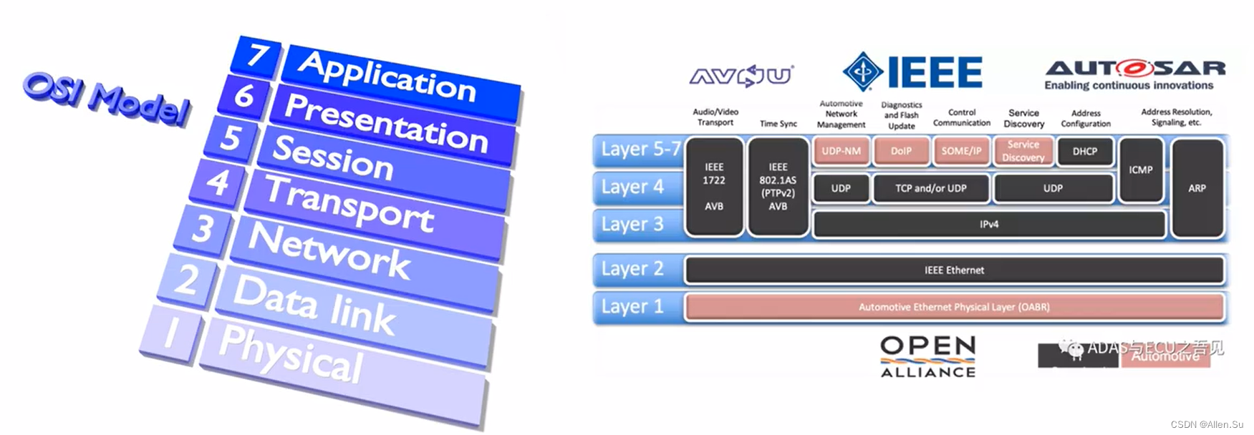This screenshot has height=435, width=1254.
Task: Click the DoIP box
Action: pyautogui.click(x=901, y=151)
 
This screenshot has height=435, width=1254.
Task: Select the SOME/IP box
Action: pyautogui.click(x=961, y=151)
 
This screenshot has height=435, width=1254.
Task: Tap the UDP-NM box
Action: pyautogui.click(x=841, y=151)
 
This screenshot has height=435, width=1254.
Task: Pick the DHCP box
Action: pyautogui.click(x=1084, y=151)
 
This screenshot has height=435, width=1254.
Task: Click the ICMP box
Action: pyautogui.click(x=1140, y=170)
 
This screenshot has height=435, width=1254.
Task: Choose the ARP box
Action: pyautogui.click(x=1197, y=188)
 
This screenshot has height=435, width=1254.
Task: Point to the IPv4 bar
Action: pyautogui.click(x=988, y=225)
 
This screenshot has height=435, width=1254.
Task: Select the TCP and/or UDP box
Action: pyautogui.click(x=930, y=188)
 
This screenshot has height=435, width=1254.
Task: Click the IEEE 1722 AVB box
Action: pyautogui.click(x=713, y=187)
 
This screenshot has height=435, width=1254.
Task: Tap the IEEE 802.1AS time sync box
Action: pyautogui.click(x=778, y=187)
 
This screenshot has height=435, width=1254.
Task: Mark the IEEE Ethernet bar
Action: pyautogui.click(x=954, y=270)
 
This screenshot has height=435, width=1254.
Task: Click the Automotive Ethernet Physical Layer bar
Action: pyautogui.click(x=954, y=307)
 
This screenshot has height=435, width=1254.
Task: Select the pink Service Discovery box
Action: pyautogui.click(x=1023, y=151)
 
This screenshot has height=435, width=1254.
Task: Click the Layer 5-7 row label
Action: pyautogui.click(x=640, y=150)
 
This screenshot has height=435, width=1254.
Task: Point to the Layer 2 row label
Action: pyautogui.click(x=632, y=269)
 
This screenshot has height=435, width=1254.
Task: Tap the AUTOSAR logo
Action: pyautogui.click(x=1135, y=74)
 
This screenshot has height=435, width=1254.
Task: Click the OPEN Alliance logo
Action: pyautogui.click(x=927, y=356)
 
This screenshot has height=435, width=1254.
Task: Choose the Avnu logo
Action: pyautogui.click(x=741, y=75)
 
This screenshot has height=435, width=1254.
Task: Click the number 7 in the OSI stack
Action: pyautogui.click(x=257, y=55)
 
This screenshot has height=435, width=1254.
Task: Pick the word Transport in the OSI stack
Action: pyautogui.click(x=349, y=203)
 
